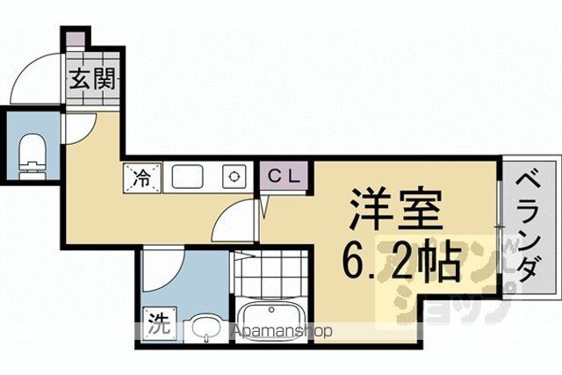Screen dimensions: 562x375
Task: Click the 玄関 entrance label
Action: click(x=92, y=79)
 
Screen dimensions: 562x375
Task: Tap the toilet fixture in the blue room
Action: click(x=32, y=156)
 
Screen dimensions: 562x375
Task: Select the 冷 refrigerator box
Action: click(x=142, y=178)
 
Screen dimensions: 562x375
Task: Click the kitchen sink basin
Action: click(x=187, y=177)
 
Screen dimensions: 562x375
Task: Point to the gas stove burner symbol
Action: click(x=234, y=177)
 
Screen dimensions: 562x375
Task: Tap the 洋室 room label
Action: click(x=396, y=209)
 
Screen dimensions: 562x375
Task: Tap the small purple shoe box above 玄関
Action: click(x=76, y=40)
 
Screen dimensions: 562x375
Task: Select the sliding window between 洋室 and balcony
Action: click(x=499, y=227)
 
